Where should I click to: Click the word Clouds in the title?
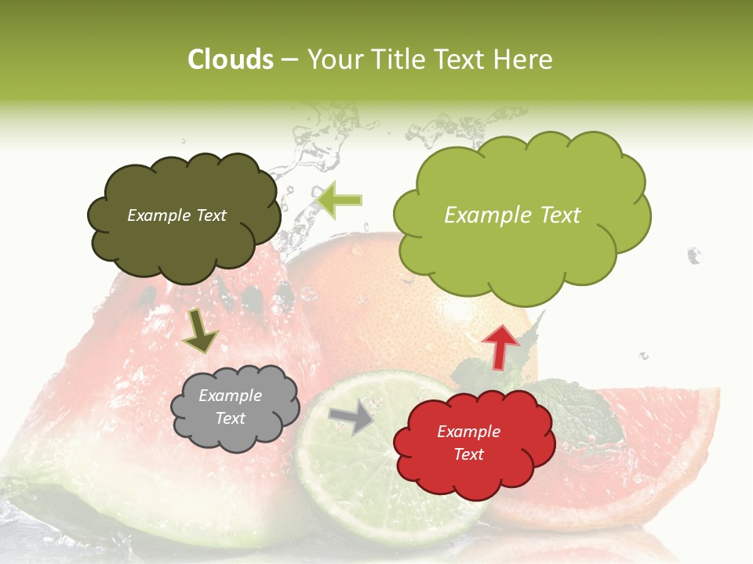(231, 60)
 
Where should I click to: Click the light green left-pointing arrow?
(340, 201)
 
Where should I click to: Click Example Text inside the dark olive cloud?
(176, 215)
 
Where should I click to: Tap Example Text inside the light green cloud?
(512, 215)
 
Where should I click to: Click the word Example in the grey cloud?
(230, 396)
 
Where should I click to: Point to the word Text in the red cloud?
(469, 454)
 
